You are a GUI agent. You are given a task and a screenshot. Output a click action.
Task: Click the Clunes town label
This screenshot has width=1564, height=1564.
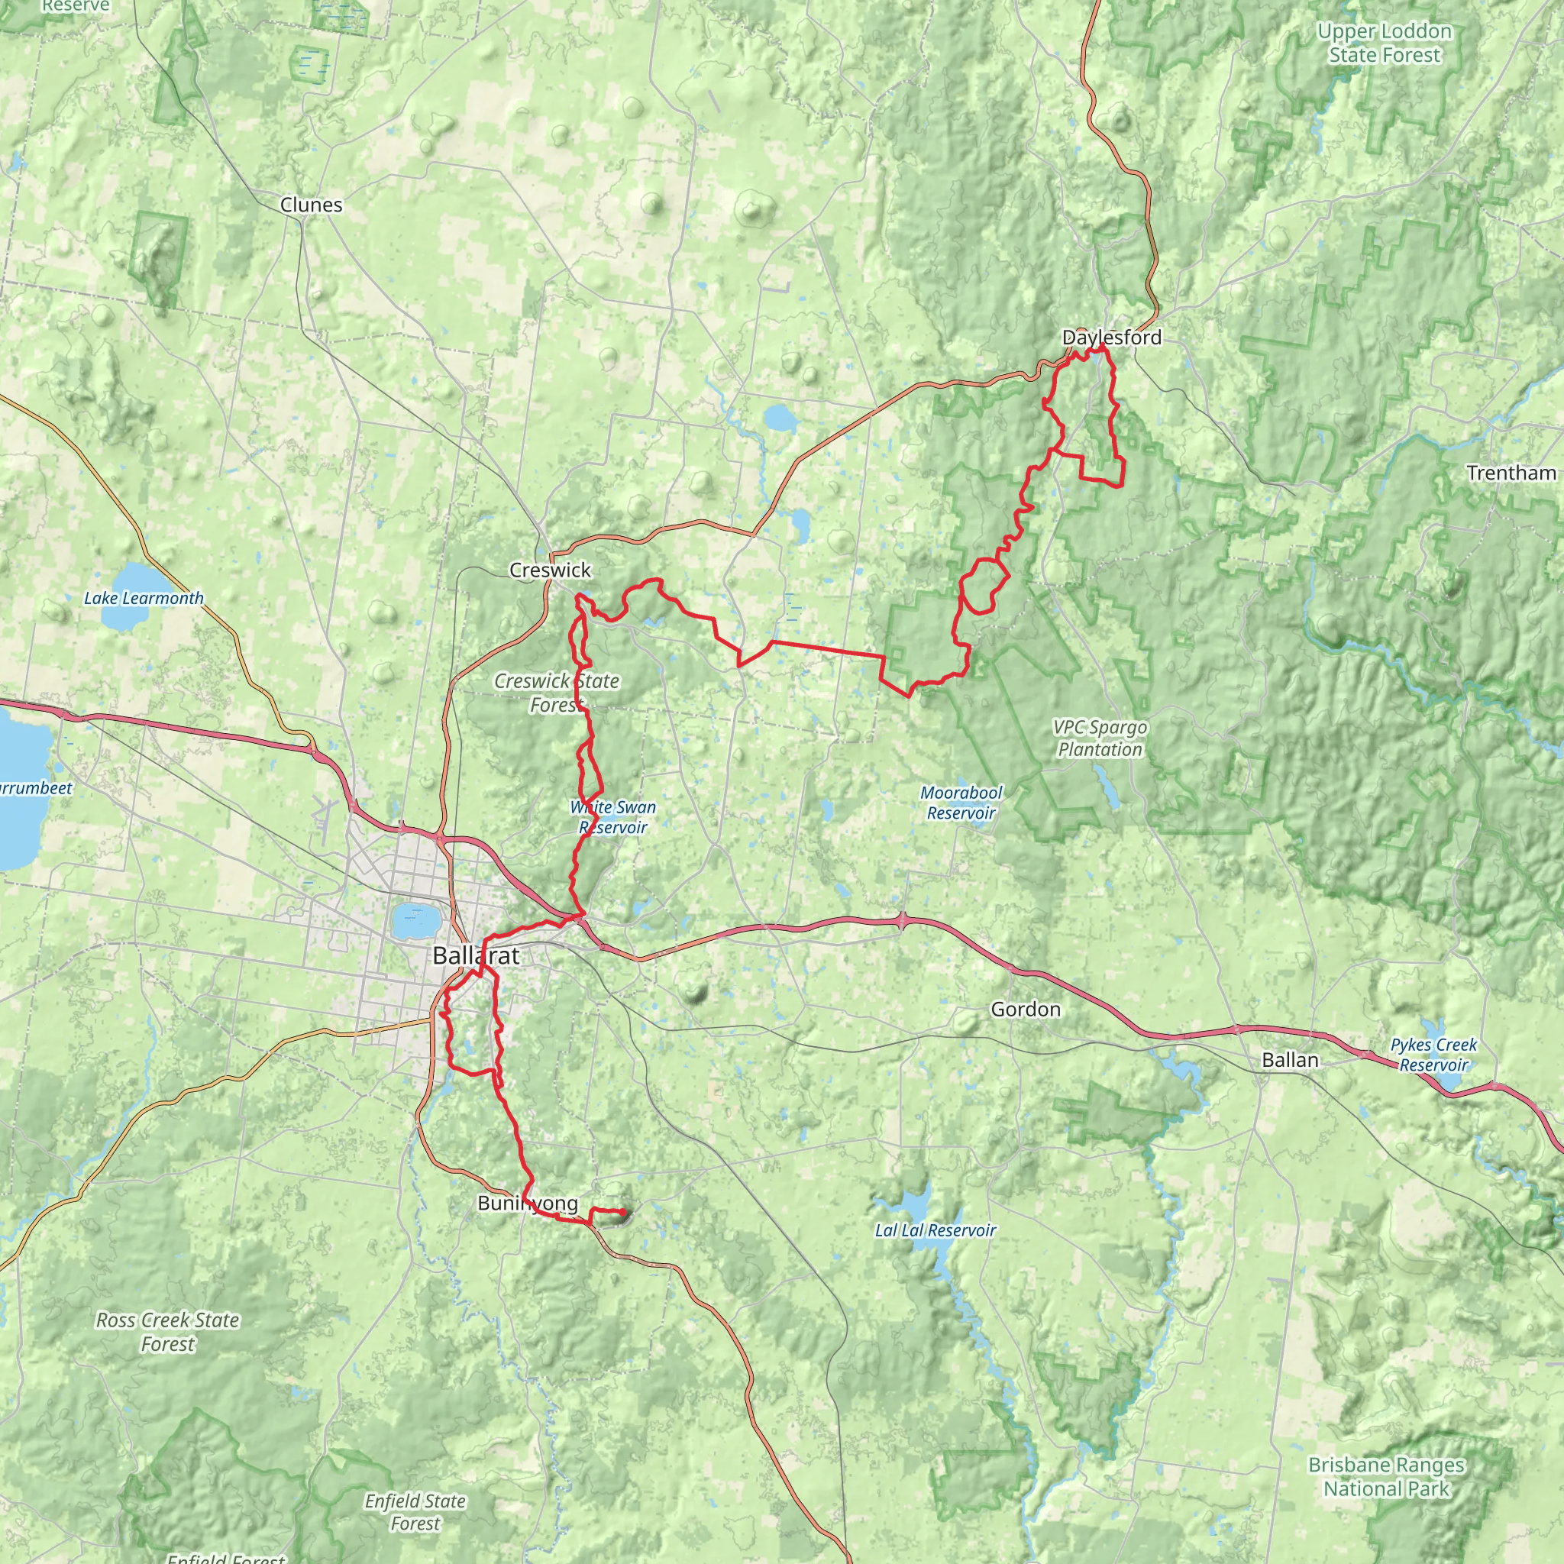tap(311, 205)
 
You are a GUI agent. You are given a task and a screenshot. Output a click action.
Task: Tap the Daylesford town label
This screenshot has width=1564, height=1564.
tap(1110, 338)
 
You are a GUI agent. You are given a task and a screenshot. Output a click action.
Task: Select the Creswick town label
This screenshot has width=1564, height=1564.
tap(550, 570)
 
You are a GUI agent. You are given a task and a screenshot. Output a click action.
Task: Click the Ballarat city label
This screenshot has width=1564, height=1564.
tap(476, 955)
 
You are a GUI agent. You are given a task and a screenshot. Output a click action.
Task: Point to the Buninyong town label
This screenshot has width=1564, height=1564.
tap(528, 1203)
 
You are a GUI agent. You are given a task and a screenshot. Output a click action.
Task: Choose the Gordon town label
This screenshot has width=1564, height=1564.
tap(1025, 1009)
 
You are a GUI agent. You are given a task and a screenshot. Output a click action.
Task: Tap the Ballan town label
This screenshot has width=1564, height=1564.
tap(1290, 1060)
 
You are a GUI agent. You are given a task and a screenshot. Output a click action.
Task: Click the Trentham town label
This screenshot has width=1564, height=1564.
tap(1511, 473)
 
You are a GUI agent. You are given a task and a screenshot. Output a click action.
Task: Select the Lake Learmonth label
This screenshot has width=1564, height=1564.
tap(144, 598)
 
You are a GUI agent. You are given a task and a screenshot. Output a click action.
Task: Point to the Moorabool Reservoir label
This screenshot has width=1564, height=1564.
tap(961, 803)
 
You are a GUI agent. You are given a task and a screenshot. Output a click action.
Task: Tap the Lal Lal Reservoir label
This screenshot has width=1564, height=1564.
tap(935, 1230)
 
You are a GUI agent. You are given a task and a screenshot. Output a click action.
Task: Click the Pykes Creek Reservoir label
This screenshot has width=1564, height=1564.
tap(1433, 1054)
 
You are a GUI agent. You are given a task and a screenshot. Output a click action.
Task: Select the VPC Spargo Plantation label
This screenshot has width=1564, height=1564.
tap(1100, 738)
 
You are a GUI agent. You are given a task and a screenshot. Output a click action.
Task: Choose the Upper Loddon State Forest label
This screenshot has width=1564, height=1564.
tap(1385, 43)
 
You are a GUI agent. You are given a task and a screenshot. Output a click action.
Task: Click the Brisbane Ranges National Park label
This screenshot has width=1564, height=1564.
tap(1386, 1477)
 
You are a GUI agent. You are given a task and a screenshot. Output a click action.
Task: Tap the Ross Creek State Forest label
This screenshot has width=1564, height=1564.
tap(167, 1332)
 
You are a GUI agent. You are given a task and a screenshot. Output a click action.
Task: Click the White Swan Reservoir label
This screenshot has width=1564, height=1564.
tap(612, 817)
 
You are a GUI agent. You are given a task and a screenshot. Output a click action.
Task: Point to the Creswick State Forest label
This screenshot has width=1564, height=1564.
tap(556, 693)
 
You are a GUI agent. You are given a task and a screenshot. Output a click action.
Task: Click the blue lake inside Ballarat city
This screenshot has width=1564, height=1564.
tap(415, 919)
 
